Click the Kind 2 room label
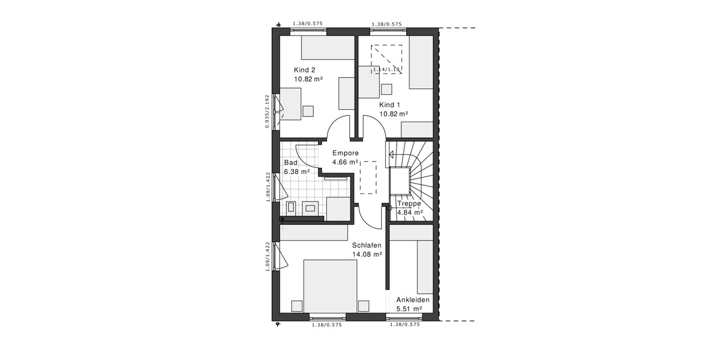click(x=304, y=70)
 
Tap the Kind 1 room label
click(x=389, y=104)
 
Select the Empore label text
click(x=345, y=153)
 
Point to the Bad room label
click(x=291, y=163)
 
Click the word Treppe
click(x=410, y=203)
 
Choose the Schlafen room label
click(x=367, y=245)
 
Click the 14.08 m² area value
click(x=367, y=254)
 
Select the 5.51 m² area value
click(x=409, y=309)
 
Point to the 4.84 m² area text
click(x=410, y=212)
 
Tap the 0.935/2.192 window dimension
click(x=266, y=111)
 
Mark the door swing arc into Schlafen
click(x=371, y=218)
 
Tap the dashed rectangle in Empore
click(x=368, y=177)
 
